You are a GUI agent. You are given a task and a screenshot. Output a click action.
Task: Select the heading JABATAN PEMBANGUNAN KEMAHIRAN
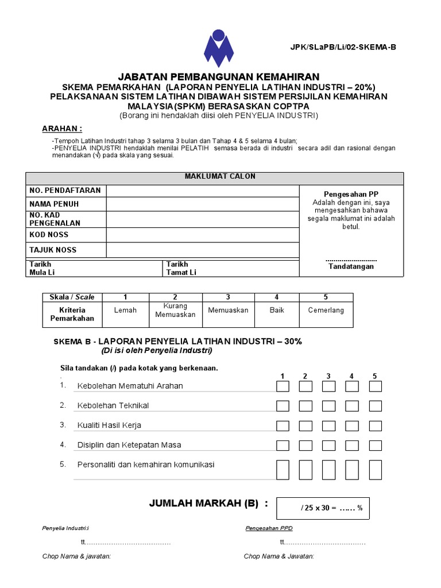219,77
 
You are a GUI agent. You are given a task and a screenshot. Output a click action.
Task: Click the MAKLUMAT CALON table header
220,176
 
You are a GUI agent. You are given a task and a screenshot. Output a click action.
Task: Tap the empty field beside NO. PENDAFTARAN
202,190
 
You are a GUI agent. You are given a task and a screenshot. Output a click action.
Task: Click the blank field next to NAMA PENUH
202,204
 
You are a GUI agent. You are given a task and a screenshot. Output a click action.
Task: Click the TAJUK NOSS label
53,250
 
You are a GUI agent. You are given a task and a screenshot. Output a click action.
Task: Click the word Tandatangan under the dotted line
351,266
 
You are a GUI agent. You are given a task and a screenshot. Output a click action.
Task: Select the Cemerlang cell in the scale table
326,310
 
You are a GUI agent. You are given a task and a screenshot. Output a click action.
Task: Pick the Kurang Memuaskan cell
175,310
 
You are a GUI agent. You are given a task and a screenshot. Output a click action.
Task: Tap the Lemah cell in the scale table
125,310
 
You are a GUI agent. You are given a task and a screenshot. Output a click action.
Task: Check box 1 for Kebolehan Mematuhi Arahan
283,386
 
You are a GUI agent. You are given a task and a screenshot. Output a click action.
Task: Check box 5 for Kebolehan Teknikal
375,406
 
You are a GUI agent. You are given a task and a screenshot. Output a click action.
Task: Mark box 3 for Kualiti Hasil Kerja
328,425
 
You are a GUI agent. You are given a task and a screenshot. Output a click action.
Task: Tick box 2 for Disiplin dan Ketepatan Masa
305,445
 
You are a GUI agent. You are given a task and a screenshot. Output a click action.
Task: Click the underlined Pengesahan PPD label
266,528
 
